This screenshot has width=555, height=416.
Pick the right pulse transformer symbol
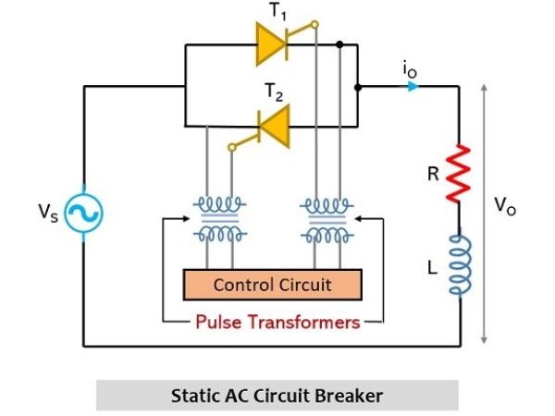click(x=327, y=219)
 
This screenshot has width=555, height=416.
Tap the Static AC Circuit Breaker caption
click(x=277, y=395)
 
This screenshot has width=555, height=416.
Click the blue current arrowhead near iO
click(x=413, y=87)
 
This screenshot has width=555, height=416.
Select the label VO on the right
click(x=505, y=206)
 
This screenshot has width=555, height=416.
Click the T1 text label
click(x=277, y=12)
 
